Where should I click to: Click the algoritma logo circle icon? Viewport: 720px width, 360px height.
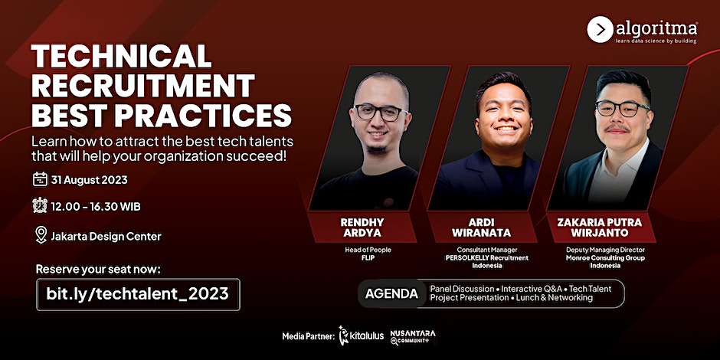tap(600, 29)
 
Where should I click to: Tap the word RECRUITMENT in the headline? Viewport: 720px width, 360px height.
tap(142, 86)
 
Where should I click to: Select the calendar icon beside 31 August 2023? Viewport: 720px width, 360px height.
tap(40, 179)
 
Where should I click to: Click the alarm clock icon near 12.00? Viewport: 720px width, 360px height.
tap(40, 205)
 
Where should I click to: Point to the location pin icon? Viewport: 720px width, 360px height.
tap(41, 235)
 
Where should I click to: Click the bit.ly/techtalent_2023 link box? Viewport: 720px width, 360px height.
tap(138, 294)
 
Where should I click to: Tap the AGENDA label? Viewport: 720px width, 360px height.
tap(391, 293)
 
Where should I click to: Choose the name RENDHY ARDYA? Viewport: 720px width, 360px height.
tap(362, 227)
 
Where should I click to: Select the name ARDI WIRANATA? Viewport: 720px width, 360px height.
tap(481, 227)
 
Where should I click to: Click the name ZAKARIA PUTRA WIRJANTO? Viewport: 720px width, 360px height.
tap(599, 227)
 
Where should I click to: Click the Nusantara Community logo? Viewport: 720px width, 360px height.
tap(413, 337)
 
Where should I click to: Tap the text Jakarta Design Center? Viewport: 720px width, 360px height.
tap(106, 237)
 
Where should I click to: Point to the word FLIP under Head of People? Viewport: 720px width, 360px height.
tap(368, 257)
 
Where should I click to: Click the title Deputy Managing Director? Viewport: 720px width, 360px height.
tap(605, 250)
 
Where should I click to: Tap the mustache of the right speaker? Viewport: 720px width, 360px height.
tap(617, 128)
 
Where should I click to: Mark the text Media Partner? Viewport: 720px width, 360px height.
tap(308, 336)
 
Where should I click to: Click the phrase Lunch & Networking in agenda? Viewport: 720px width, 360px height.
tap(555, 298)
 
